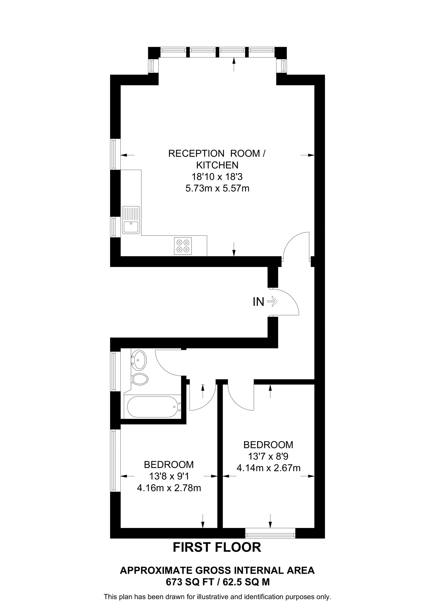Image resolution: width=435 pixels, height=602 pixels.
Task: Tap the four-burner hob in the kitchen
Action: pyautogui.click(x=183, y=246)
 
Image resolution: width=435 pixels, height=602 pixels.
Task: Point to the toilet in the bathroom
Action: pyautogui.click(x=140, y=379)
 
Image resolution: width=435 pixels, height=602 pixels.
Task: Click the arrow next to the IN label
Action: pyautogui.click(x=273, y=302)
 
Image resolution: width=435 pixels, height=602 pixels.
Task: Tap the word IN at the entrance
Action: pyautogui.click(x=258, y=302)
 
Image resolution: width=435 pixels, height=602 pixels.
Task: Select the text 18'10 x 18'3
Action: pyautogui.click(x=217, y=177)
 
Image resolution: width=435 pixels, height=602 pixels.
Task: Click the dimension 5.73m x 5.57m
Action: pyautogui.click(x=217, y=188)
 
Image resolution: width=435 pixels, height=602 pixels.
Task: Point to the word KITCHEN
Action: pyautogui.click(x=217, y=165)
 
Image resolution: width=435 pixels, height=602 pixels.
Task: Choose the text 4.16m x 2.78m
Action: pyautogui.click(x=169, y=488)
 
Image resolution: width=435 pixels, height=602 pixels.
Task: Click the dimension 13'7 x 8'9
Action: pyautogui.click(x=268, y=456)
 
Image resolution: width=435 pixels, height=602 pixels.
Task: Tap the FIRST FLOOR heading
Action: pyautogui.click(x=217, y=547)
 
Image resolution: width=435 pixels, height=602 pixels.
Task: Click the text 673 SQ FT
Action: pyautogui.click(x=188, y=582)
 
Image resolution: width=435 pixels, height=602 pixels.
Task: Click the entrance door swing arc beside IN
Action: pyautogui.click(x=290, y=300)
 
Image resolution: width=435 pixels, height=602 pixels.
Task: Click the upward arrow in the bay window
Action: pyautogui.click(x=234, y=64)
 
